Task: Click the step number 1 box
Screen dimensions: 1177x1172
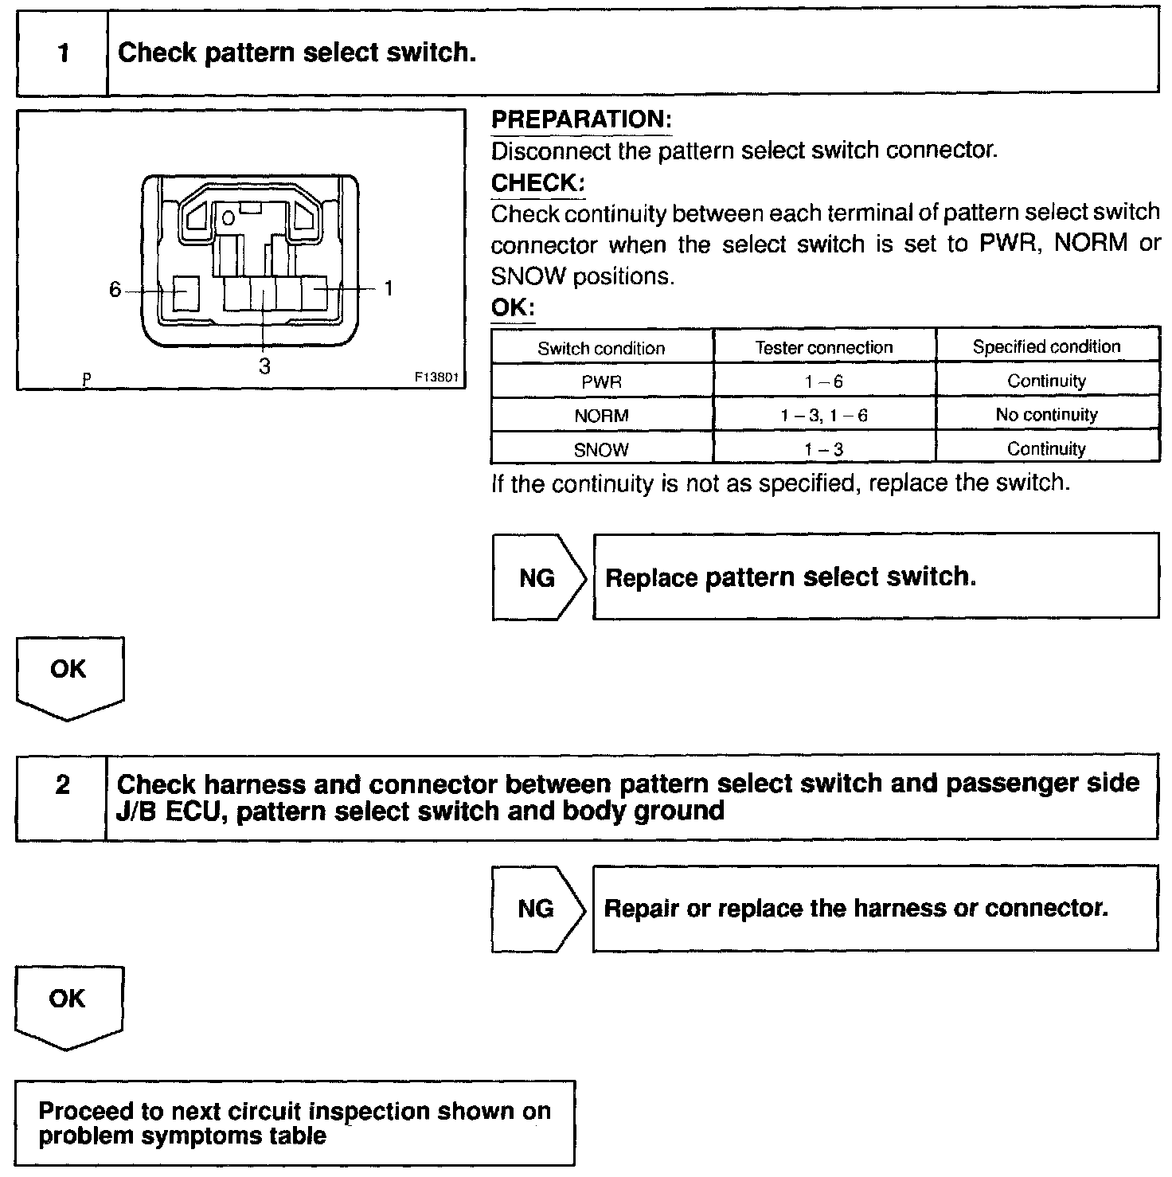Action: [62, 53]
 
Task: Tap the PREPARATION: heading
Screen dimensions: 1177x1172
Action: [581, 119]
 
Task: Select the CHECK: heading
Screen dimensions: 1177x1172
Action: [537, 182]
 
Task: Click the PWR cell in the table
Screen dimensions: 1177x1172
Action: [601, 381]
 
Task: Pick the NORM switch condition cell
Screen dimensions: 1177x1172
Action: [601, 416]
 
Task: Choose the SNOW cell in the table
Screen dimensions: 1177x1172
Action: [601, 449]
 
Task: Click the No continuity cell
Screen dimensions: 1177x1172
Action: [1046, 415]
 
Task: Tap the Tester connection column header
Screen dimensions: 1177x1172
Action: [823, 347]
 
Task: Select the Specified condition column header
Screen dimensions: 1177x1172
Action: [1046, 346]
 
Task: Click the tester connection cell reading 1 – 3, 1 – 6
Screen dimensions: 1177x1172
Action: [823, 415]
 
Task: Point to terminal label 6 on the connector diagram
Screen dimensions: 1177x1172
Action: [115, 290]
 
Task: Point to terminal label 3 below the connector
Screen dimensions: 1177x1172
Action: [264, 366]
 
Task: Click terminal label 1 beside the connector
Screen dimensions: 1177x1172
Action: [389, 289]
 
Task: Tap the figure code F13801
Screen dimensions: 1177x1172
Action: [436, 378]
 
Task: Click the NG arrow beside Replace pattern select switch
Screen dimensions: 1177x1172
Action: [537, 577]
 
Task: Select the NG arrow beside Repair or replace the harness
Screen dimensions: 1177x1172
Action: [537, 909]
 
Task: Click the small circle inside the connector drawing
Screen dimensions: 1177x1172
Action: [228, 217]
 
